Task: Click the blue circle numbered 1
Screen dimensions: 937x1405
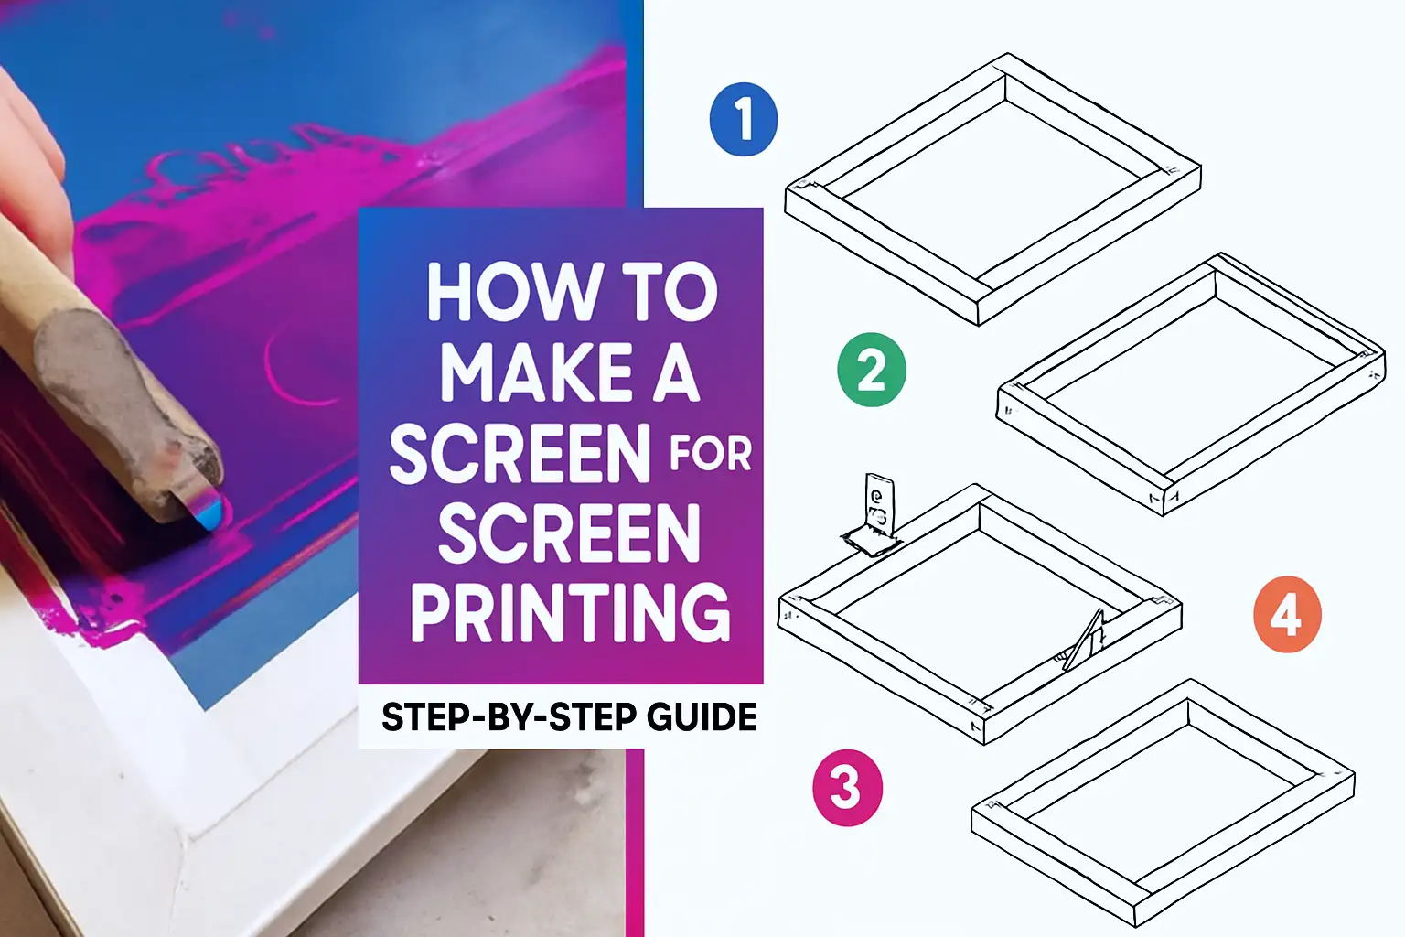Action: (743, 120)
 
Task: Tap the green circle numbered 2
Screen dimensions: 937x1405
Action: (871, 371)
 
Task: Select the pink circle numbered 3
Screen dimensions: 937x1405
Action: (847, 788)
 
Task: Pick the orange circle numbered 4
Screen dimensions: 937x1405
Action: (1286, 614)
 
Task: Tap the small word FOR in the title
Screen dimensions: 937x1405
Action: (710, 455)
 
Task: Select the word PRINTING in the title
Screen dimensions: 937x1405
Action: (569, 612)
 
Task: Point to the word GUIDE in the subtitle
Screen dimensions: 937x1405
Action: (702, 716)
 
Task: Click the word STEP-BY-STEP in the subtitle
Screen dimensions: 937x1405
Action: (509, 716)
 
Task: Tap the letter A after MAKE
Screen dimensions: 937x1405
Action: (676, 373)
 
